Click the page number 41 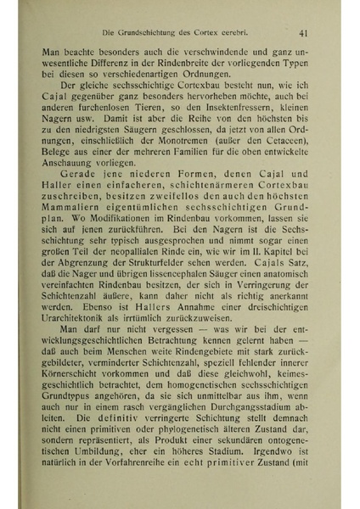tap(302, 34)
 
